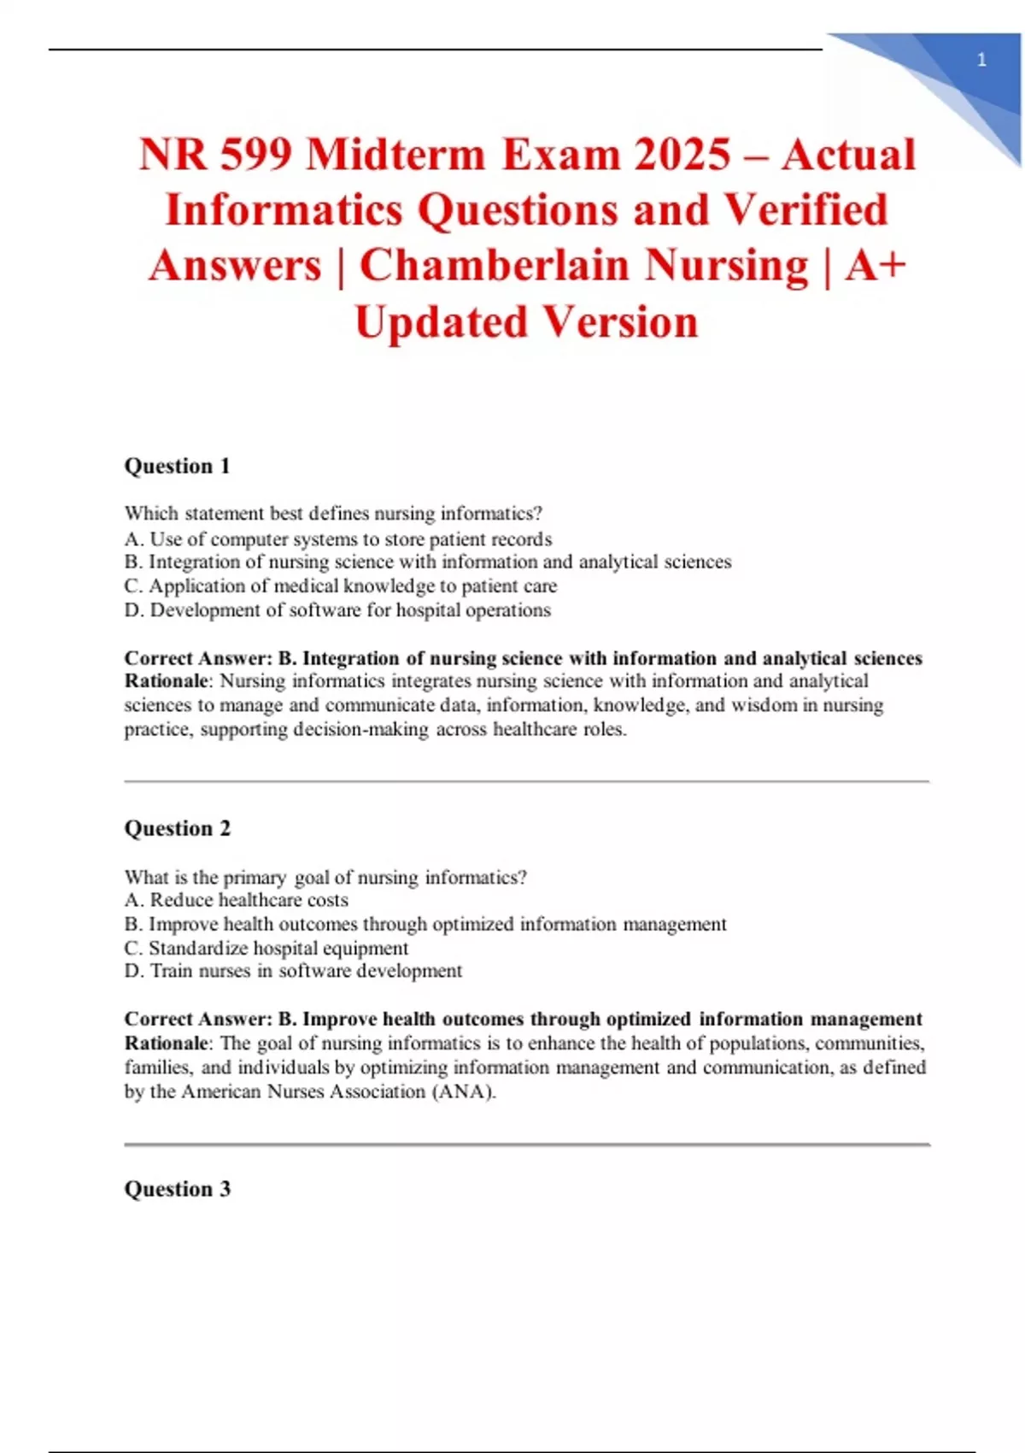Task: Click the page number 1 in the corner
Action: pos(981,60)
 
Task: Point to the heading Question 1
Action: pos(177,466)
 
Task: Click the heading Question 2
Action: pos(177,828)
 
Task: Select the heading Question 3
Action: pos(177,1189)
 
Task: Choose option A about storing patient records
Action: pos(338,539)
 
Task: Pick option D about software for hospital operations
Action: pos(337,610)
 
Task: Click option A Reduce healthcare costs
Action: pos(237,900)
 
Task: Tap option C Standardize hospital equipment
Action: pos(266,948)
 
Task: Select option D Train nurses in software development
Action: pos(293,971)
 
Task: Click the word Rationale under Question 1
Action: pos(167,681)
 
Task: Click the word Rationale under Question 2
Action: pos(167,1043)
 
